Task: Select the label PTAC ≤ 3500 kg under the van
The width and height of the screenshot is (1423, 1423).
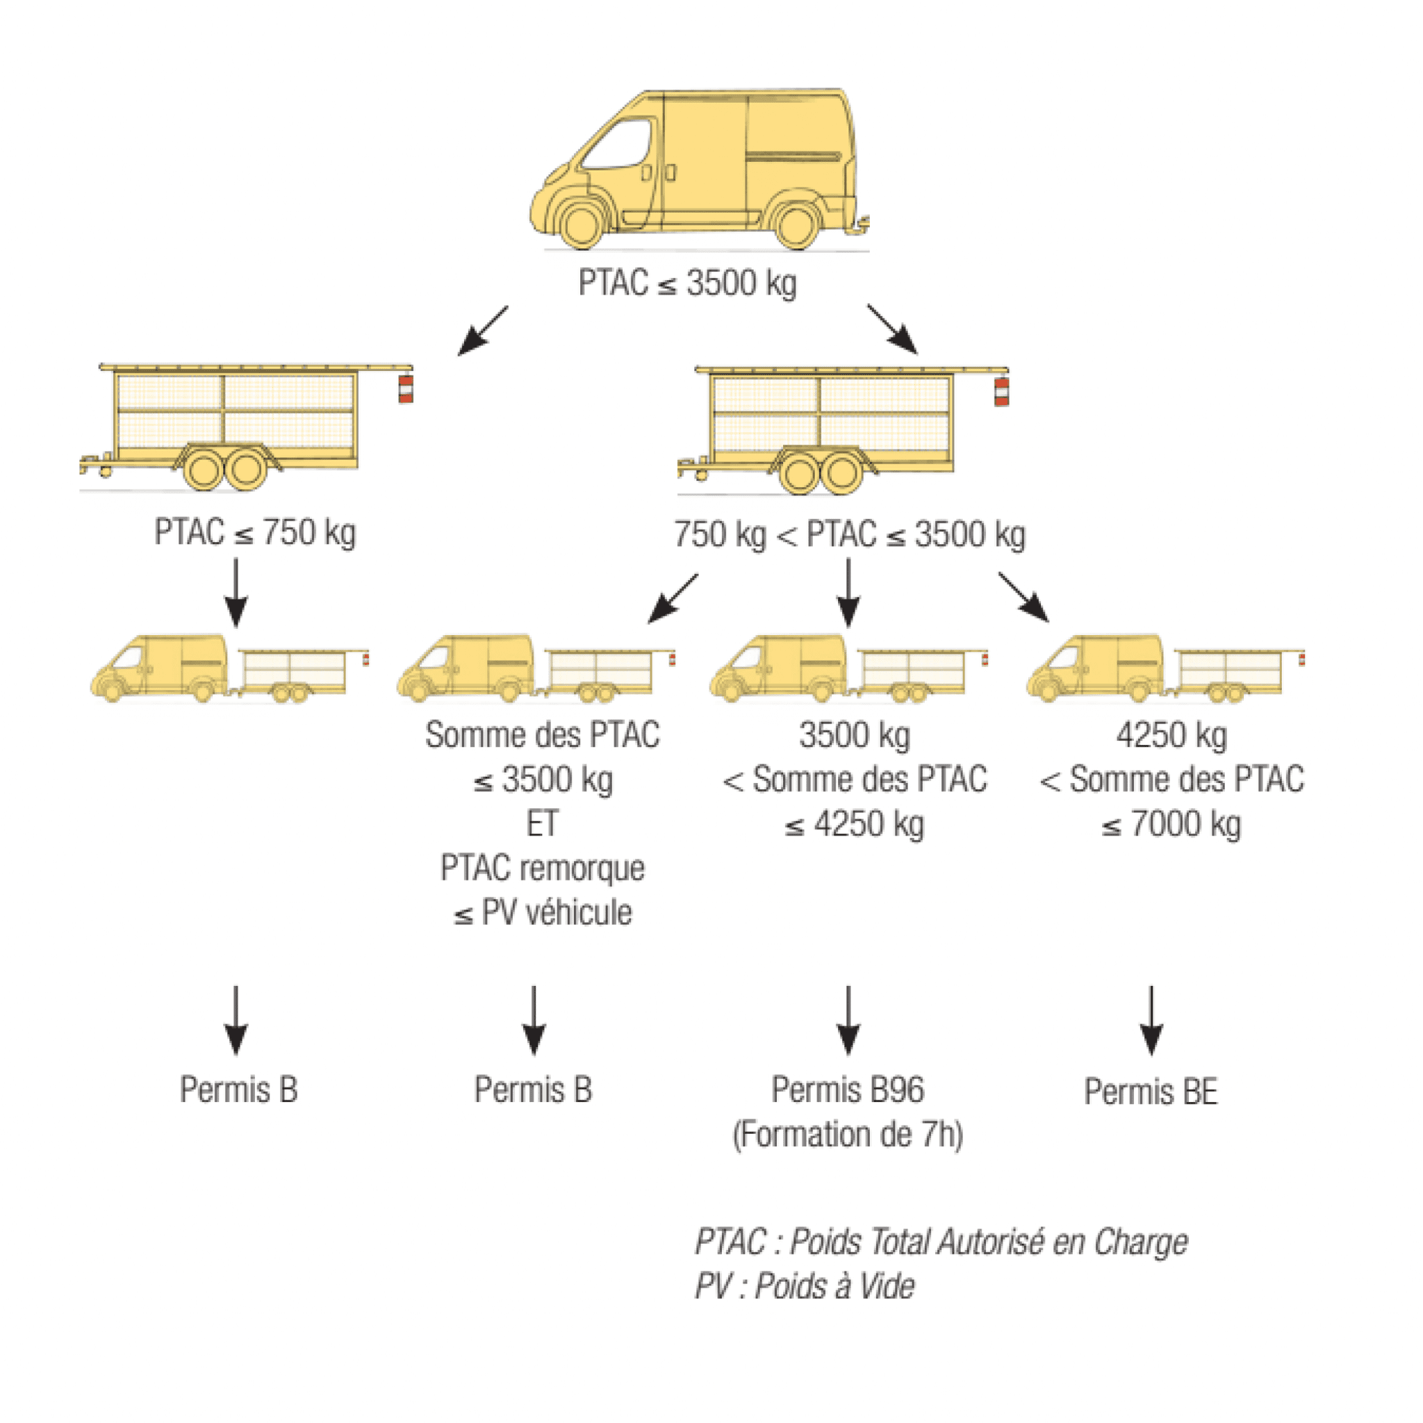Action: (687, 283)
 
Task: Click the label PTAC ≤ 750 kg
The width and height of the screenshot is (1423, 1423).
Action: (255, 532)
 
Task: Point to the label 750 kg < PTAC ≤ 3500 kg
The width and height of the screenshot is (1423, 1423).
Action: (849, 535)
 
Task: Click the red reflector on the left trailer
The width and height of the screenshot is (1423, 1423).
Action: (406, 388)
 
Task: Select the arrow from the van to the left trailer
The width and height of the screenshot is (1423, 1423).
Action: (482, 331)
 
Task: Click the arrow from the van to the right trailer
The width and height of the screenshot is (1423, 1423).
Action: (893, 329)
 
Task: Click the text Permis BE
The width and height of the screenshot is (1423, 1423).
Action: (1151, 1092)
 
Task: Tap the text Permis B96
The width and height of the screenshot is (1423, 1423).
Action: (848, 1090)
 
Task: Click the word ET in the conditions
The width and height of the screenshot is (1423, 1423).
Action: (542, 823)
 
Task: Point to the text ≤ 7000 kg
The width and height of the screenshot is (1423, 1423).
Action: (1171, 824)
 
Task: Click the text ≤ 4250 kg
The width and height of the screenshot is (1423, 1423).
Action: (855, 824)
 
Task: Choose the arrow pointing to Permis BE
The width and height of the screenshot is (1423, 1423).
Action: (1151, 1020)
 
